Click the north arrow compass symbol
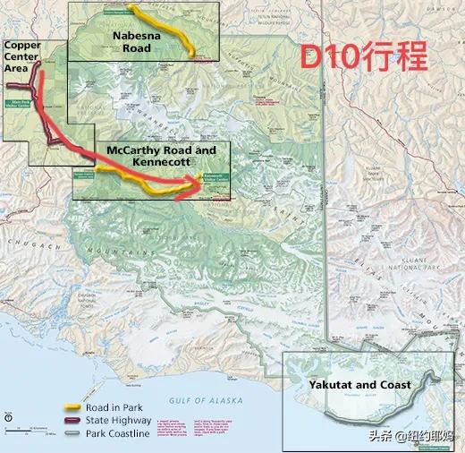8,416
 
